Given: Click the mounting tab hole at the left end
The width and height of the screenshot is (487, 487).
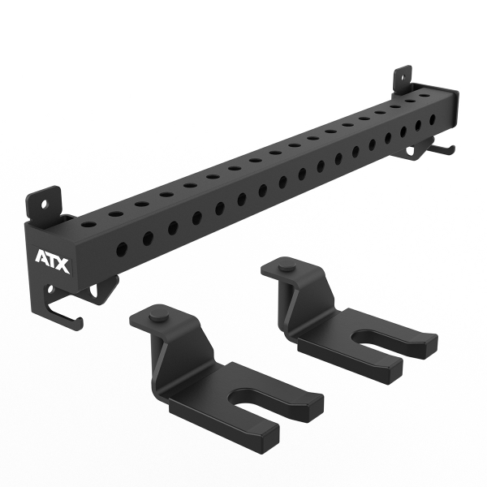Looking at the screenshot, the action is click(45, 204).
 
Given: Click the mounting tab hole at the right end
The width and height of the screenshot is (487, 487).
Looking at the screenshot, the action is click(403, 77).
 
